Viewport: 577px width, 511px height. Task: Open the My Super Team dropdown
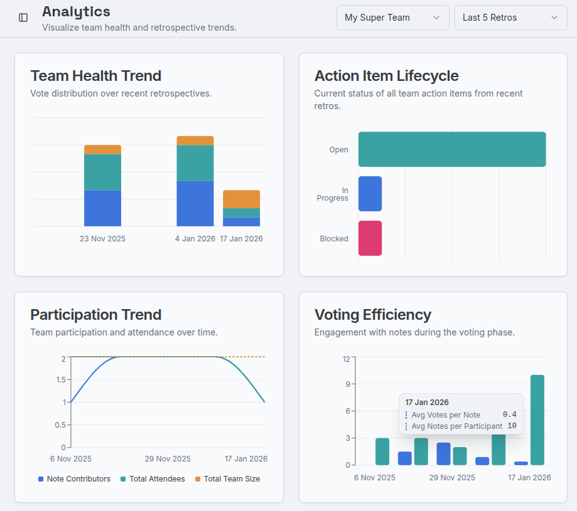click(392, 18)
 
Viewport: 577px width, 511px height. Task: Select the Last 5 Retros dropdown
click(510, 18)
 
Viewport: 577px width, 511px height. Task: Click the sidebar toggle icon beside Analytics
click(23, 18)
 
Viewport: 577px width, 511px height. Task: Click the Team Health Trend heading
click(95, 76)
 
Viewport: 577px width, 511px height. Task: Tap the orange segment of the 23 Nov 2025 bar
click(102, 149)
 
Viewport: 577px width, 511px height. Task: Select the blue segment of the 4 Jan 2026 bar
click(195, 203)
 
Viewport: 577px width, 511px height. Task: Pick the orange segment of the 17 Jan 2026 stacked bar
click(241, 199)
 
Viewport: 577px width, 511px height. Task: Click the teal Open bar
click(451, 149)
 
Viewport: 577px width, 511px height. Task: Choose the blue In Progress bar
click(370, 194)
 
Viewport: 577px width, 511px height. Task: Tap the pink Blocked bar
click(370, 238)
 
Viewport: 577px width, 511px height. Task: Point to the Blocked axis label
click(334, 239)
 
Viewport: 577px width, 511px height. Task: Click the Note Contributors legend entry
click(74, 479)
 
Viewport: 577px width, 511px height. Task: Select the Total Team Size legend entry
click(227, 479)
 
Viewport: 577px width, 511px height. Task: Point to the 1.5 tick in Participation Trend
click(61, 379)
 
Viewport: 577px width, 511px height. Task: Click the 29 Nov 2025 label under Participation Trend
click(168, 459)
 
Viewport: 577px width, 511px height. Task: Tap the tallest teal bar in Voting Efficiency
click(537, 419)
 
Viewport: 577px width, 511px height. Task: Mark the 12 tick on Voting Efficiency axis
click(346, 359)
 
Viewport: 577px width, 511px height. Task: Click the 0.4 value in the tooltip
click(509, 414)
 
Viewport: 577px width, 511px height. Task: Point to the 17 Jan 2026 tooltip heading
click(427, 403)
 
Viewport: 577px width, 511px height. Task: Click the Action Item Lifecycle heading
click(386, 76)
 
